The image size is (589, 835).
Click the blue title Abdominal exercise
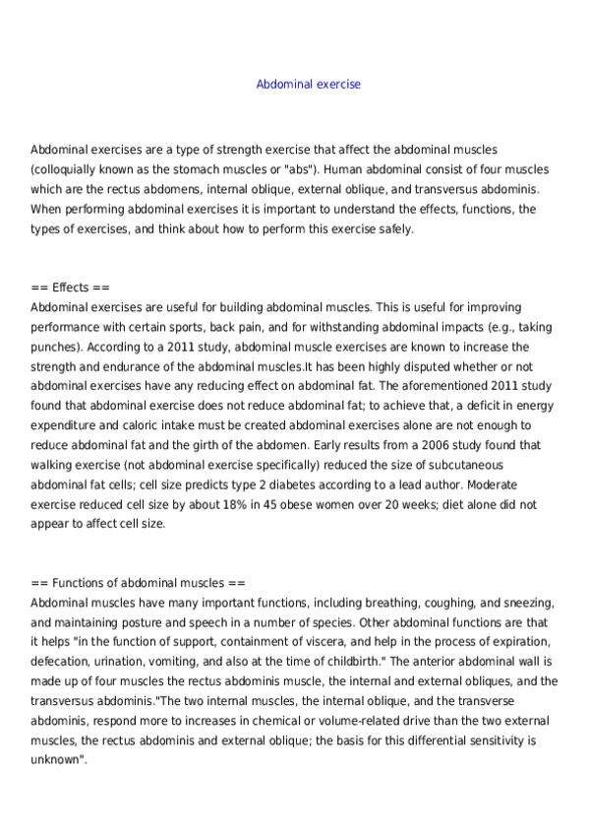coord(308,85)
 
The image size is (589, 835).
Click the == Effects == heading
coord(71,288)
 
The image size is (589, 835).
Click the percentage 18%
coord(228,504)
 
